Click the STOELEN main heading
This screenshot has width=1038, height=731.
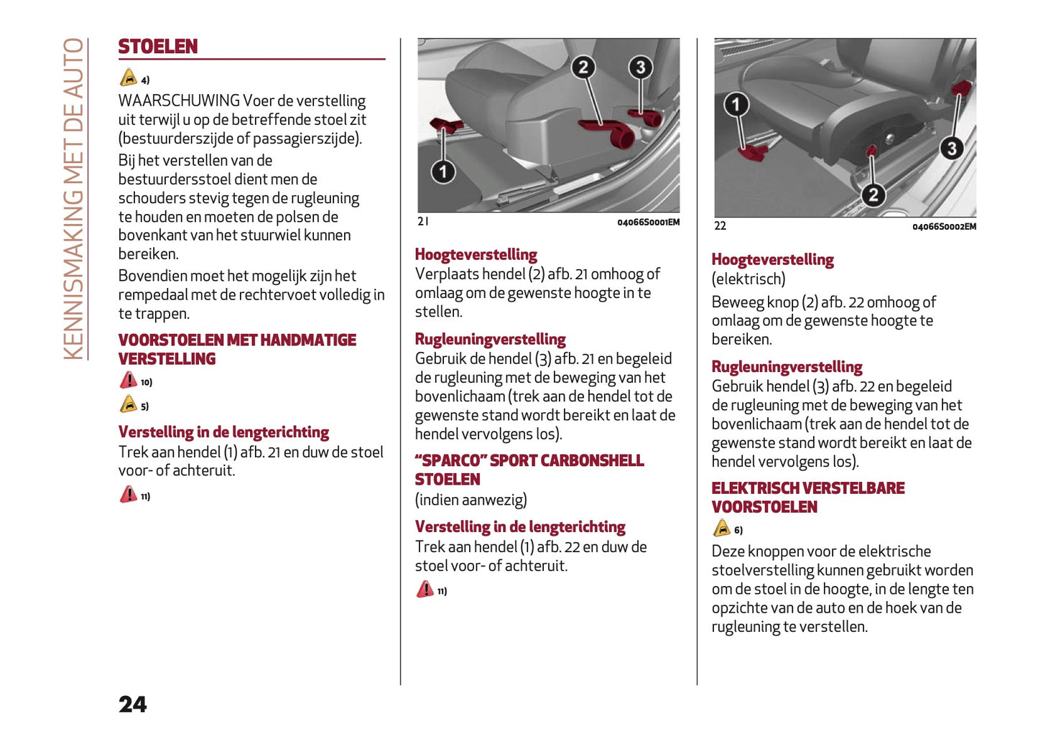(157, 47)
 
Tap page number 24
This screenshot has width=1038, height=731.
(133, 704)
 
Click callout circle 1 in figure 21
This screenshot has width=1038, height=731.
(443, 171)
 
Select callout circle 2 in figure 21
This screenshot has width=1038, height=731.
(583, 67)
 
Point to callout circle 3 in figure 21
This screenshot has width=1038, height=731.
(640, 67)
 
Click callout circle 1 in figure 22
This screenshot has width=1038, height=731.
(736, 105)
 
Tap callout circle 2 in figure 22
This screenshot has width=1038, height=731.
(873, 195)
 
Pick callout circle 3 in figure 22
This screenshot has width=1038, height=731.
(952, 148)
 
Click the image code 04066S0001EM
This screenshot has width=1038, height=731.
(648, 223)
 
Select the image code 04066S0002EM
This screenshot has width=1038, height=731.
(944, 227)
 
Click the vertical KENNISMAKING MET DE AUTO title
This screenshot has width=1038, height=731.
(73, 199)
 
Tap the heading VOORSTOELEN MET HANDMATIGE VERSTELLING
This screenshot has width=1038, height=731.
(236, 349)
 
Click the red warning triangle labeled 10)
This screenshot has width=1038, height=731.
(129, 380)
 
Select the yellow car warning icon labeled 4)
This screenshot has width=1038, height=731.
(129, 78)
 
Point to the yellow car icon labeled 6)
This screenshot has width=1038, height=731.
(722, 529)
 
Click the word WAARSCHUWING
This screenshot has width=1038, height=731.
(179, 101)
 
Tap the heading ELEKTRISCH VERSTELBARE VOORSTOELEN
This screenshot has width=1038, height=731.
(807, 497)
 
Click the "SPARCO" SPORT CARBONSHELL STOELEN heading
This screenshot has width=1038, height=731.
(529, 470)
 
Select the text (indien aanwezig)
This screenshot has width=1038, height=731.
(471, 500)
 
